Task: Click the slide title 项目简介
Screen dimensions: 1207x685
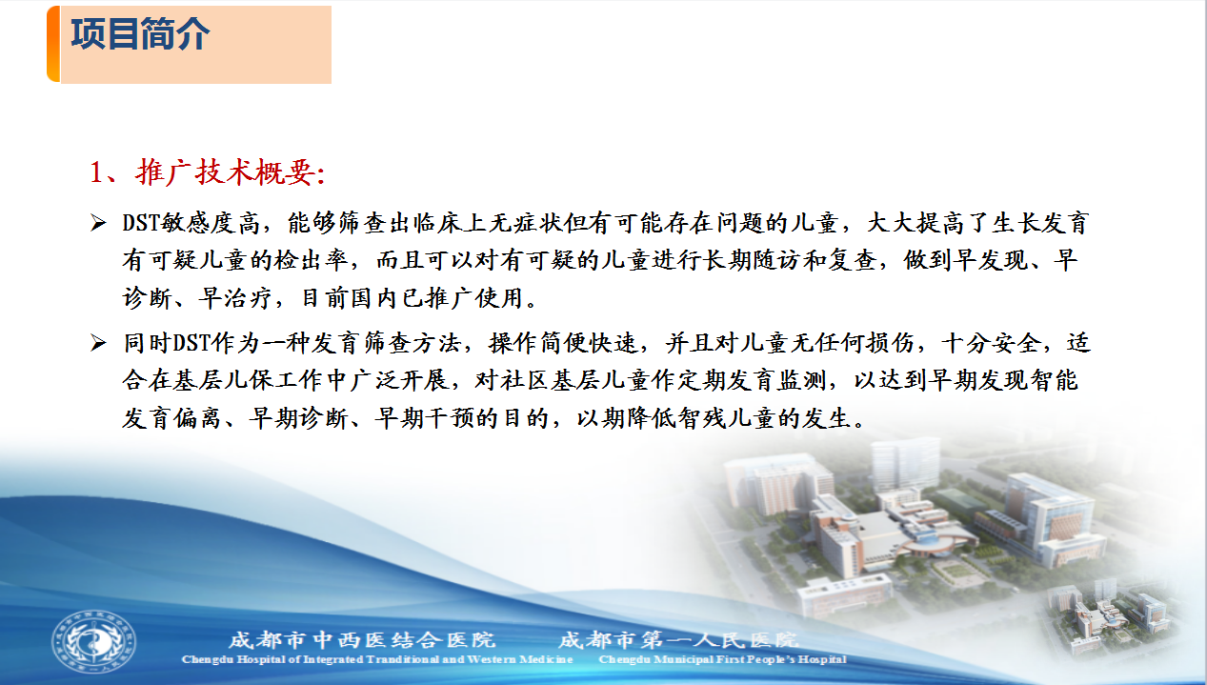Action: (140, 34)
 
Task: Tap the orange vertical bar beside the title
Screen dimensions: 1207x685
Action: (53, 44)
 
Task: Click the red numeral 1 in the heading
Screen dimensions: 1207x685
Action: (97, 173)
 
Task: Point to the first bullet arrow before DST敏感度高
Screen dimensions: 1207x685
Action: (98, 223)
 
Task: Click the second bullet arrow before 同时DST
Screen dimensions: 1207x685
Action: (98, 343)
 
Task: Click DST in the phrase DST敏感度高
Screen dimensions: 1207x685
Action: (141, 223)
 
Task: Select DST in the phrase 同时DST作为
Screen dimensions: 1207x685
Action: (191, 343)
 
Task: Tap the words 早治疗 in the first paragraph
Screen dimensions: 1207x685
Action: (235, 298)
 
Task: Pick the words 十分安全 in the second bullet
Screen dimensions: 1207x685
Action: (992, 343)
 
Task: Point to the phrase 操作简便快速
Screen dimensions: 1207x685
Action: (563, 343)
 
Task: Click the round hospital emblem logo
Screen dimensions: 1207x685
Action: (93, 642)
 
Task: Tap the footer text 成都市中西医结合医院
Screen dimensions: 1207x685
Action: (362, 640)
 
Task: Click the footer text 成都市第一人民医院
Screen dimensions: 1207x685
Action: (678, 640)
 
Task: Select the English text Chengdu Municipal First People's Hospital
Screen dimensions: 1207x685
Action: (723, 659)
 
